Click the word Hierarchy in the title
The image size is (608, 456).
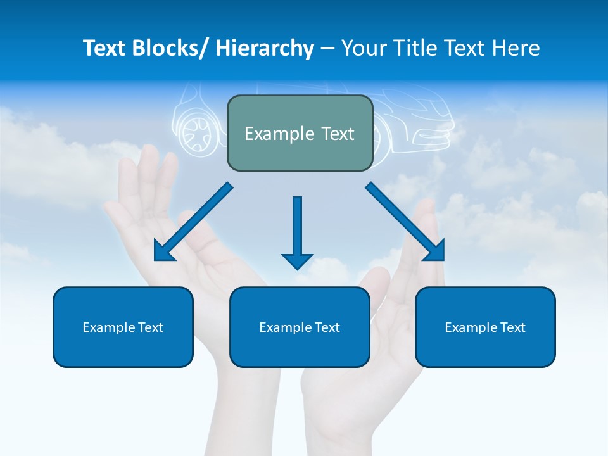pyautogui.click(x=265, y=48)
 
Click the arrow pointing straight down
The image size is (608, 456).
pyautogui.click(x=297, y=231)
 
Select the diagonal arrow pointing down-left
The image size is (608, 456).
pyautogui.click(x=193, y=222)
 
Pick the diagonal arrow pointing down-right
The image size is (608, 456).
pyautogui.click(x=405, y=222)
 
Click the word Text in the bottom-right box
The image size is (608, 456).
pyautogui.click(x=512, y=327)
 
